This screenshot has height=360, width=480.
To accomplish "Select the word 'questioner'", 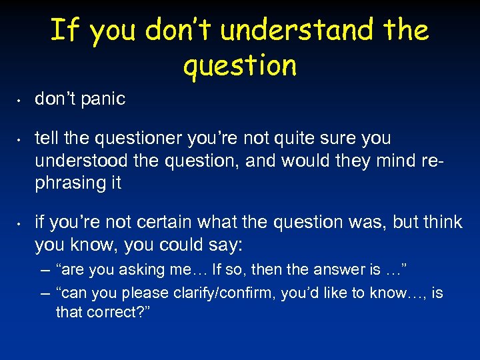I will pyautogui.click(x=128, y=139).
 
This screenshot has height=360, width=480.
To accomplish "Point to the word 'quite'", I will pyautogui.click(x=301, y=139).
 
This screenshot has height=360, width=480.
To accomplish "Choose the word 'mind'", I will pyautogui.click(x=393, y=161).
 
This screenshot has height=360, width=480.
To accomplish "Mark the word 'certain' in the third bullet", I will pyautogui.click(x=171, y=223).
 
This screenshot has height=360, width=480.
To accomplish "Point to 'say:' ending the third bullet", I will pyautogui.click(x=224, y=245).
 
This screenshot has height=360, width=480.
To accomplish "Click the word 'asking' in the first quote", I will pyautogui.click(x=133, y=270).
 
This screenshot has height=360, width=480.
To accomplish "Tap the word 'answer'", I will pyautogui.click(x=337, y=270).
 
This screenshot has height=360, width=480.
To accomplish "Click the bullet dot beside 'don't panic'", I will pyautogui.click(x=21, y=101).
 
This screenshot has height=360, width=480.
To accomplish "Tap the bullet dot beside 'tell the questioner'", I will pyautogui.click(x=21, y=141).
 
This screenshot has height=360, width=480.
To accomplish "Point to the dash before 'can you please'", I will pyautogui.click(x=45, y=293).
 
